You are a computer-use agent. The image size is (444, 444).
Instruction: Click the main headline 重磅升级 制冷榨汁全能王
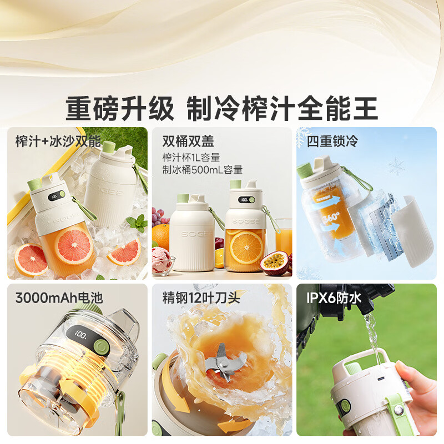pos(221,109)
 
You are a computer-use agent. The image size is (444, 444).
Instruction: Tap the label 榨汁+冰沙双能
pos(58,141)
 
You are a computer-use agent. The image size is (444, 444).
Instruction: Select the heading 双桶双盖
pos(188,141)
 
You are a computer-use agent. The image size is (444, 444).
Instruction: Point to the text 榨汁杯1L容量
pos(191,158)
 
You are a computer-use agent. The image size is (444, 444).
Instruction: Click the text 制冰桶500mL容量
pos(203,170)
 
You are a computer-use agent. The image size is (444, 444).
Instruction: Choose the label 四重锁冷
pos(332,141)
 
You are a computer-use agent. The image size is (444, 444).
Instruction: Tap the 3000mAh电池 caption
pos(59,298)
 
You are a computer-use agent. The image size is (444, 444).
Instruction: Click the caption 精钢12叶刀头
pos(201,298)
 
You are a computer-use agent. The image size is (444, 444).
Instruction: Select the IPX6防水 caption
pos(334,298)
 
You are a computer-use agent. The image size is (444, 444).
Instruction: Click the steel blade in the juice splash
pos(223,362)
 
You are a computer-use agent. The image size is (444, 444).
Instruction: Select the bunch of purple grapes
pos(159,216)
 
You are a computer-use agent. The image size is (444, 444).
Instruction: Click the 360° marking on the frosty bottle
pos(331,218)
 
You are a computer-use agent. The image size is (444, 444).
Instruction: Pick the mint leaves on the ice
pos(138,223)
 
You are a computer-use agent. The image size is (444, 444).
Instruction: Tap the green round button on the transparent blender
pos(101,346)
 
